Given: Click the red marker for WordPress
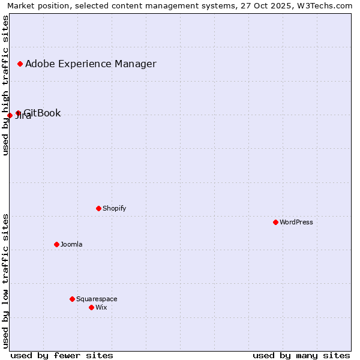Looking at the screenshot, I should coord(275,222).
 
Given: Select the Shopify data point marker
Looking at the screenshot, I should coord(98,208).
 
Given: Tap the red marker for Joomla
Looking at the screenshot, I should coord(56,244).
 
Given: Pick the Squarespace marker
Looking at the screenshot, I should coord(72,299).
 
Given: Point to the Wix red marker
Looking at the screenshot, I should coord(91,307).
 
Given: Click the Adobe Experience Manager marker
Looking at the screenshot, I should coord(20,64).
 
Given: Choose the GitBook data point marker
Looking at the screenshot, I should coord(18,113).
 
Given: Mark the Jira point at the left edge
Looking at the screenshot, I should coord(10,115).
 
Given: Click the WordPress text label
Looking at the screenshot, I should coord(296,222).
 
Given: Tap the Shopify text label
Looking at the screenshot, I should coord(114,208).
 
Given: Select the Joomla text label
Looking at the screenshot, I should coord(71,244).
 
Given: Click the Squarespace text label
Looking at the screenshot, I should coord(97,299).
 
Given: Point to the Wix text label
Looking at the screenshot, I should coord(101,307).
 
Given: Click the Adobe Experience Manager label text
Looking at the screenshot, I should coord(91,64).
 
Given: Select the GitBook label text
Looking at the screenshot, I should coord(43,113).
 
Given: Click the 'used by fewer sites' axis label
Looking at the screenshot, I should coord(62,355).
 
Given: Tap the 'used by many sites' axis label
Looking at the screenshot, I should coord(301,355).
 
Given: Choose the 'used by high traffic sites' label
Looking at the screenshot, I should coord(5,85).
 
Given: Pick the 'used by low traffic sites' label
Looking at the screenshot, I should coord(5,281).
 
